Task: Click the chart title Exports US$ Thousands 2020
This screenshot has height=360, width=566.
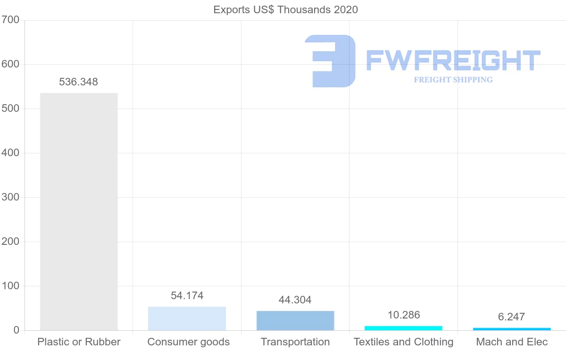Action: point(285,9)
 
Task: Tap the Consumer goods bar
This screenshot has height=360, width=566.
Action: point(187,318)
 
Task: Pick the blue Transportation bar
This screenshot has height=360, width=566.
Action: point(295,320)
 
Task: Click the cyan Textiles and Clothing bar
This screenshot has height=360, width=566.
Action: point(403,328)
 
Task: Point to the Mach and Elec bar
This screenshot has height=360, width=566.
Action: point(512,329)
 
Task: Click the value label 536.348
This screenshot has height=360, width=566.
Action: point(79,82)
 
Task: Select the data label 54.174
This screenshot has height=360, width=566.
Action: point(187,296)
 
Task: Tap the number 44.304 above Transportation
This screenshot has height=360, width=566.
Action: point(295,300)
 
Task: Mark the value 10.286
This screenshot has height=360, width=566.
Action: point(404,315)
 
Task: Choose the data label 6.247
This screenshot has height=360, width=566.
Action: point(512,317)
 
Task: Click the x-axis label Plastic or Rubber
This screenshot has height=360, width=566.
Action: point(79,342)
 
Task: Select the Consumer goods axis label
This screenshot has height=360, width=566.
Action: point(189,342)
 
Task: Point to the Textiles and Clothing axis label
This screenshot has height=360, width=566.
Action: point(403,342)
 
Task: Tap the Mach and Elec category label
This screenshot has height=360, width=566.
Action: point(512,342)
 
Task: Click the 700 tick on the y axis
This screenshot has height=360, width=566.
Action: point(10,20)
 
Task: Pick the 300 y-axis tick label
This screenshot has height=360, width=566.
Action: point(10,198)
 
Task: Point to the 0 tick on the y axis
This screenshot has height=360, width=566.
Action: point(17,330)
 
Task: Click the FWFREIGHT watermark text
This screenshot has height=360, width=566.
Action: point(453,60)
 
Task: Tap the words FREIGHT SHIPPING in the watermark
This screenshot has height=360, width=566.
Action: point(453,80)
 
